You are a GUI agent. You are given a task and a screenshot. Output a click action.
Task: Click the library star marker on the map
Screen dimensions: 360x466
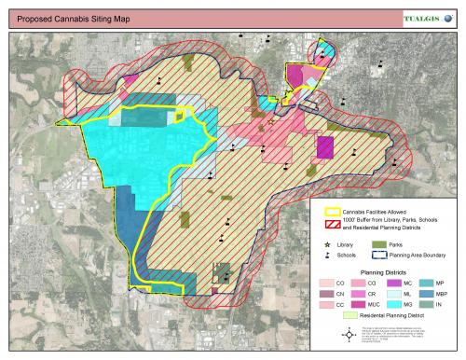click(271, 122)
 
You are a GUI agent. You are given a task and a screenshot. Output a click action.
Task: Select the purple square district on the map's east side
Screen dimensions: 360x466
click(325, 147)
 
